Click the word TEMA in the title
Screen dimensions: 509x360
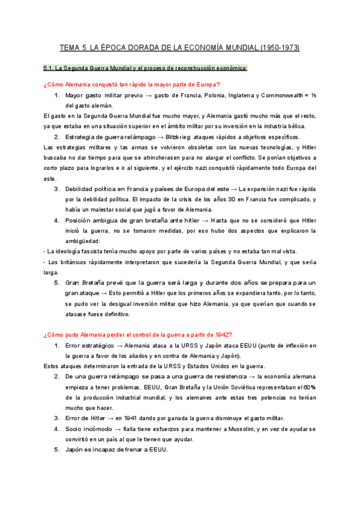[x=70, y=47]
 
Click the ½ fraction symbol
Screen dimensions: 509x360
[x=312, y=95]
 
